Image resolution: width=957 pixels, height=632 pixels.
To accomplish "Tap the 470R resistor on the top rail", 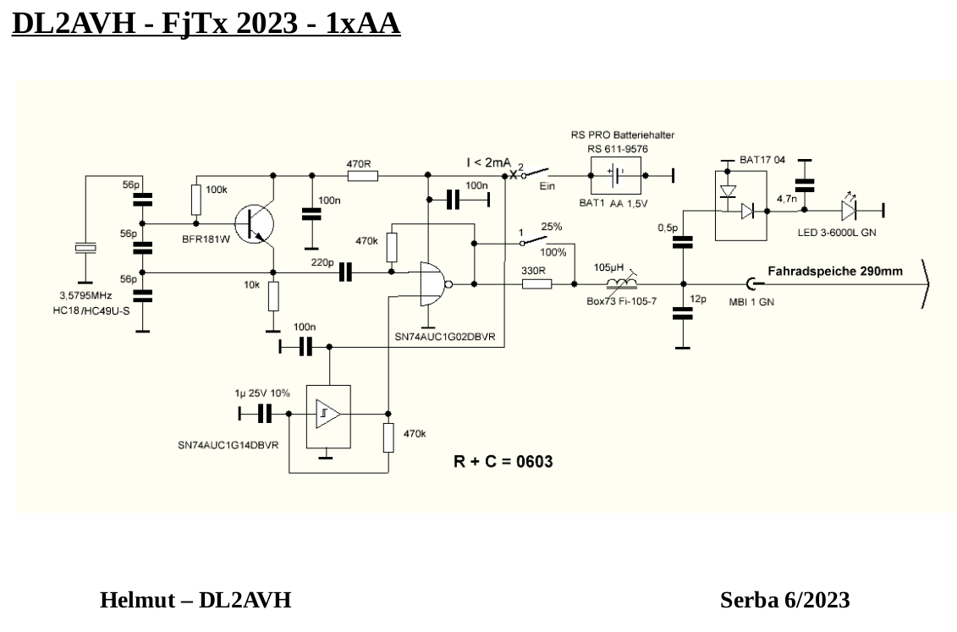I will pos(361,176).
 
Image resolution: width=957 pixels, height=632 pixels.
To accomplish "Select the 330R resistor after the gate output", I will pos(536,283).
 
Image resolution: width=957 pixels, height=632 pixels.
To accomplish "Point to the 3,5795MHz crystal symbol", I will pos(85,247).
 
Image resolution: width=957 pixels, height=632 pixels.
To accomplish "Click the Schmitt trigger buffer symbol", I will pos(327,414).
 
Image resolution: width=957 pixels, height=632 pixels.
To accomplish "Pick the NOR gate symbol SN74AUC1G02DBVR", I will pos(432,283).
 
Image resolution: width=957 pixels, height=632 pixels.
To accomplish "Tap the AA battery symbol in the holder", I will pos(616,176).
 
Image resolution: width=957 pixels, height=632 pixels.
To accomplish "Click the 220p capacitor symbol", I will pos(344,272).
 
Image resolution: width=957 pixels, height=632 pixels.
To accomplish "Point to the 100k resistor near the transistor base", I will pos(196,201).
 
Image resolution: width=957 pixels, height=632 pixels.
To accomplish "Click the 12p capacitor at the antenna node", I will pos(682,314).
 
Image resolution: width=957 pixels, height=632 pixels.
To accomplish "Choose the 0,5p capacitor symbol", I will pos(682,243).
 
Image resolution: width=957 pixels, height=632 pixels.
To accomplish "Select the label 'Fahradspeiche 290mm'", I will pos(834,272).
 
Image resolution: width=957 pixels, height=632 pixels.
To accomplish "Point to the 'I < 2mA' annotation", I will pos(489,162).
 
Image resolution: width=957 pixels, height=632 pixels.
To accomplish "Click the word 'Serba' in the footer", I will pos(749,600).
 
